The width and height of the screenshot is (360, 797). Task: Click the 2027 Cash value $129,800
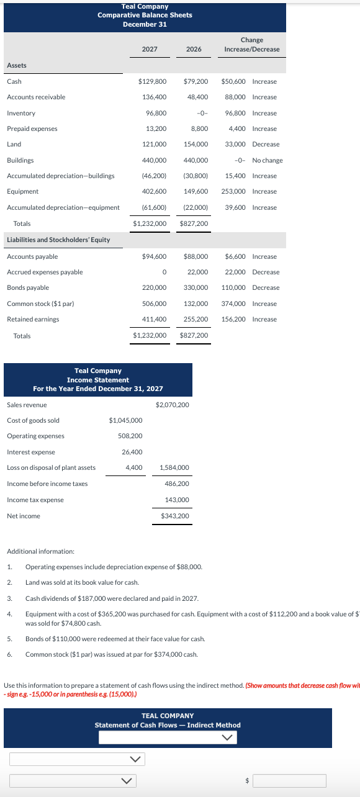point(152,81)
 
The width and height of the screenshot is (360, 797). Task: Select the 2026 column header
point(194,49)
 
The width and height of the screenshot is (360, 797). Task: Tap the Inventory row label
point(21,113)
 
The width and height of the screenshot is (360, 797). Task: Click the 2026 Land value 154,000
point(196,144)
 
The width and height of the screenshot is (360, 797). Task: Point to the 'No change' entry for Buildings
point(267,160)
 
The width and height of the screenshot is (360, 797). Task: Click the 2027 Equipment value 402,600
point(154,191)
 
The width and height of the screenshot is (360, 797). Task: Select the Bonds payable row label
point(28,287)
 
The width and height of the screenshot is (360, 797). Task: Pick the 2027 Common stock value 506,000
point(154,304)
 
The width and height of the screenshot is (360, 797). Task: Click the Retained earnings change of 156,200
point(233,319)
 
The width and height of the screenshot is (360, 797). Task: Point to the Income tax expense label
point(35,500)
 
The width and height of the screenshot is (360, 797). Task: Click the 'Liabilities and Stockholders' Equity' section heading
point(58,240)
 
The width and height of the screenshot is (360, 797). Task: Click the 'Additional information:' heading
point(40,551)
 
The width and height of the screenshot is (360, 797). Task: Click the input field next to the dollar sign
point(289,780)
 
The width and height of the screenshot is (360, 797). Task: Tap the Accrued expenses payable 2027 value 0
point(164,272)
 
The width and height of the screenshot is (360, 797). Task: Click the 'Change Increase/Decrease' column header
point(251,45)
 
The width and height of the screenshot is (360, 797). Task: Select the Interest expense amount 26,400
point(133,452)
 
